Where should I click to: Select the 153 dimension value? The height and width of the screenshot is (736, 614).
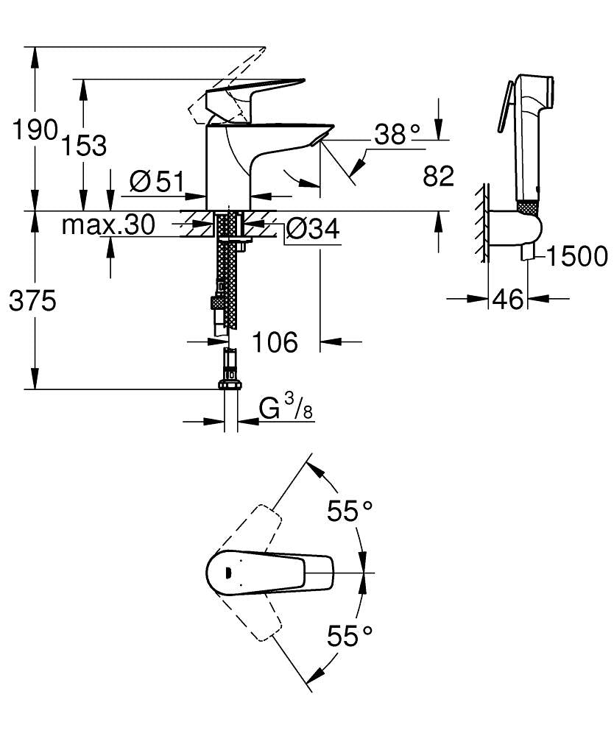click(83, 145)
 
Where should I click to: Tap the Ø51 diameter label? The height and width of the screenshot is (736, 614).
click(155, 181)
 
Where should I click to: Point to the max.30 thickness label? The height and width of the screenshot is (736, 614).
click(107, 225)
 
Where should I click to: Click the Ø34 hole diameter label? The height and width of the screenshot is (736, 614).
click(311, 230)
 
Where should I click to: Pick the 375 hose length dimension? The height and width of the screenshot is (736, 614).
click(32, 300)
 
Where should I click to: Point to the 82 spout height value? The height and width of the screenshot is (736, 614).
click(439, 177)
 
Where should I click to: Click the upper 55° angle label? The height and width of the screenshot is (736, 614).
click(350, 511)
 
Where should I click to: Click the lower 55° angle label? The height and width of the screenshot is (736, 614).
click(350, 635)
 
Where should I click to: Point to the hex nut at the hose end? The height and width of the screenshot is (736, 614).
click(230, 383)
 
